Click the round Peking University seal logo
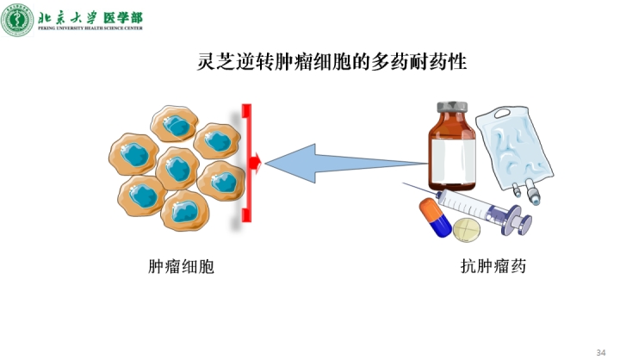point(18,19)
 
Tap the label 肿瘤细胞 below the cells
point(181,267)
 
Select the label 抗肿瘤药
point(493,267)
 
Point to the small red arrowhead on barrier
point(255,160)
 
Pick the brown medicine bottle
point(453,151)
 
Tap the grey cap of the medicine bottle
point(453,109)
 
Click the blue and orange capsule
point(435,217)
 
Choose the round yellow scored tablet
point(468,230)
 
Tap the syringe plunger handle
point(518,222)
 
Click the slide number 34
point(600,351)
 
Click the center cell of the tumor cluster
point(178,167)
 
